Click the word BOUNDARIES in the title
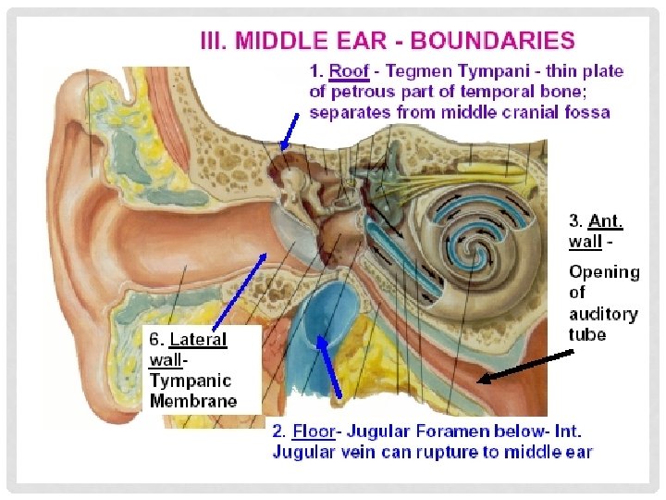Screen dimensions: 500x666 click(x=492, y=41)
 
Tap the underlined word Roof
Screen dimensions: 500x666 click(x=349, y=71)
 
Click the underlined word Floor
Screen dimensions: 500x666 click(x=313, y=431)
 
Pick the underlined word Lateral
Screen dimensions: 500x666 click(x=198, y=340)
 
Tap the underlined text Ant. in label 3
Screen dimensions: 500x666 click(x=606, y=221)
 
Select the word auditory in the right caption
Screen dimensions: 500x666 click(x=603, y=314)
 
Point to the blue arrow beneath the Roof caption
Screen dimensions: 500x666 click(x=290, y=129)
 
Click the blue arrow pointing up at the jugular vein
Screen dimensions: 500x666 click(x=330, y=366)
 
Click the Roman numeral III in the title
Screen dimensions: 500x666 click(x=216, y=41)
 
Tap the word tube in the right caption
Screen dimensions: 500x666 click(x=587, y=334)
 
